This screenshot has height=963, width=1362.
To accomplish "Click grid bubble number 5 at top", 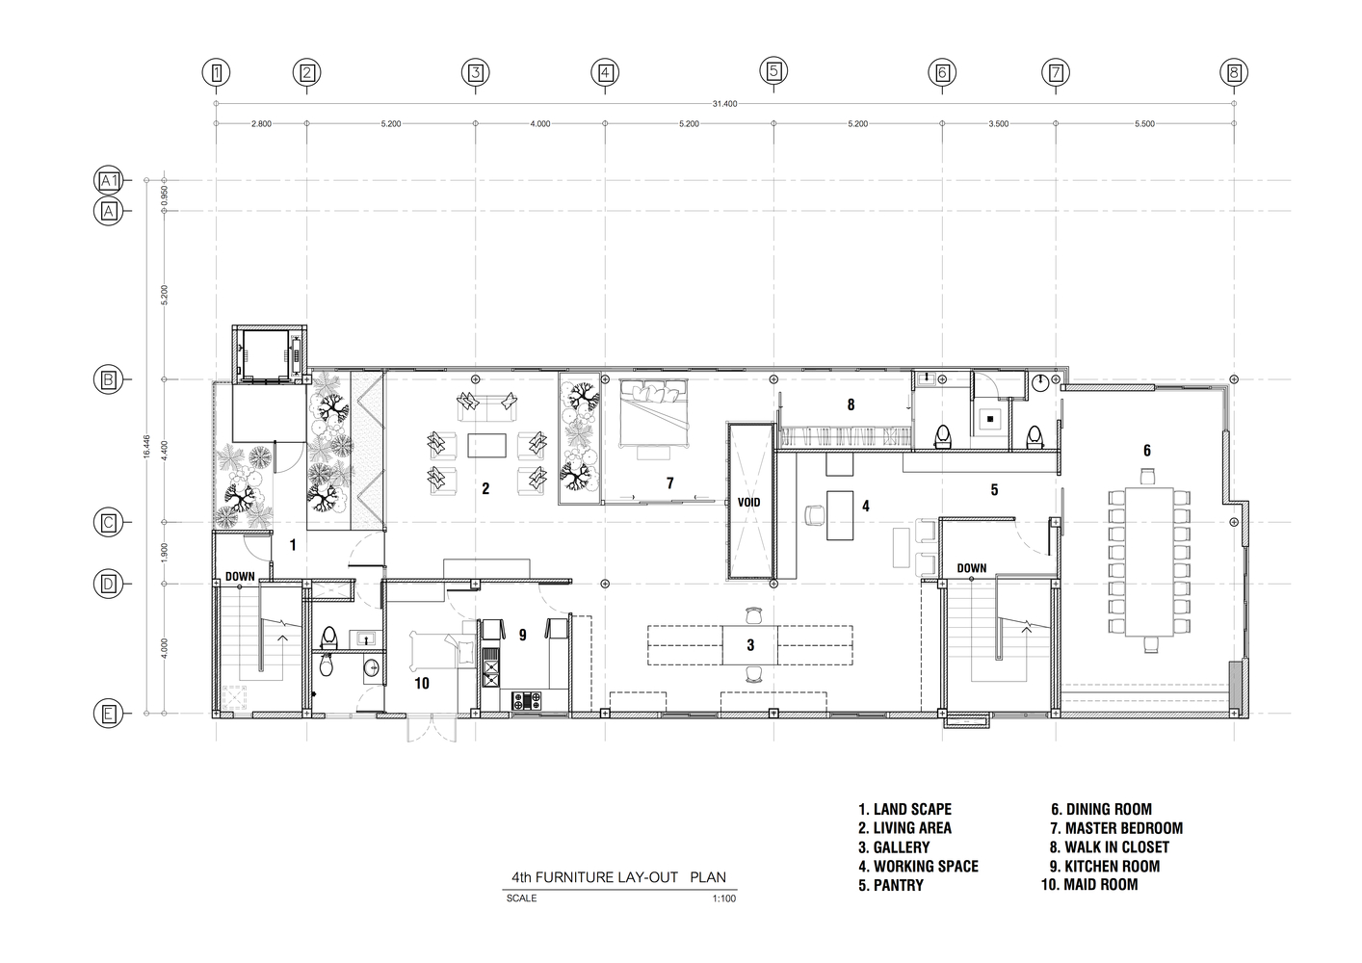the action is (x=773, y=71).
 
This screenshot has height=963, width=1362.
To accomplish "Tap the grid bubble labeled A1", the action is (x=108, y=180).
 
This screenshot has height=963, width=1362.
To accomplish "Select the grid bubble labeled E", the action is (x=108, y=714).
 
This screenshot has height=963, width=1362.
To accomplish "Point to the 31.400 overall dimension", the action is (x=724, y=104).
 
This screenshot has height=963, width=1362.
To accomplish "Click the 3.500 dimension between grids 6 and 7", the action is (x=999, y=124).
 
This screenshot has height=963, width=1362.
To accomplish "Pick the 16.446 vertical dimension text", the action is (x=146, y=446).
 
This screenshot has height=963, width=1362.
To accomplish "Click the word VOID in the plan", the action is (x=748, y=502).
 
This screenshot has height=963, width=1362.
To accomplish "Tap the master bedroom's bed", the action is (x=654, y=413).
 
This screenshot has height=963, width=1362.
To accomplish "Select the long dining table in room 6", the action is (x=1149, y=561).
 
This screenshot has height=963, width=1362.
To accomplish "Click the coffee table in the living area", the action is (x=486, y=445).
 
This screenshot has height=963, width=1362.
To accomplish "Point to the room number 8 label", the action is (x=851, y=404).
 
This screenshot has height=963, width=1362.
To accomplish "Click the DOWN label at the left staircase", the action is (x=240, y=576).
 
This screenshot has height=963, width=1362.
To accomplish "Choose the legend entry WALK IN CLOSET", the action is (x=1109, y=846).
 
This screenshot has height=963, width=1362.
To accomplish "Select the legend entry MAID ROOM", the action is (x=1089, y=885).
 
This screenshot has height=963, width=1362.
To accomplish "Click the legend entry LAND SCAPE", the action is (x=904, y=809).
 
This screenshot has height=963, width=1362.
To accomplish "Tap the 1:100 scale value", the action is (x=724, y=898).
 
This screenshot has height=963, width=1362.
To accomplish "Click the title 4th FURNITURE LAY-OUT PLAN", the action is (x=619, y=877).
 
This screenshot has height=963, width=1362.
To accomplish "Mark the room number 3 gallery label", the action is (x=750, y=645).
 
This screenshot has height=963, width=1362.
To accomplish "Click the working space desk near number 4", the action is (x=840, y=515).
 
